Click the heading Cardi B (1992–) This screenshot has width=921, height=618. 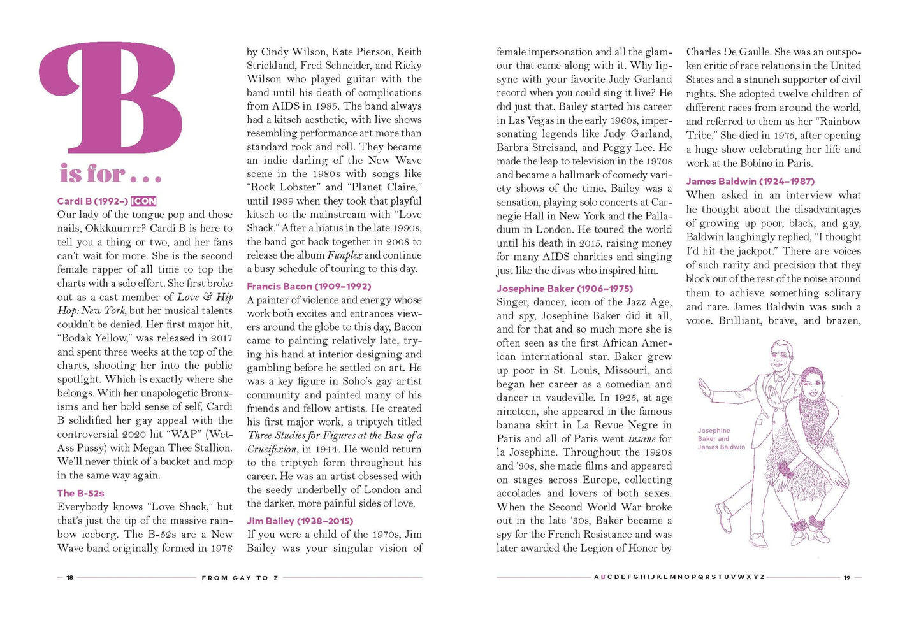point(92,201)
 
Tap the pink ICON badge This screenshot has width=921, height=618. point(144,201)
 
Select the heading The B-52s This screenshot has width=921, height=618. point(80,493)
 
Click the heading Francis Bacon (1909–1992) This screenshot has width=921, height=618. point(308,287)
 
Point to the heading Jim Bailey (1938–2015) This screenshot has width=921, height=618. point(300,521)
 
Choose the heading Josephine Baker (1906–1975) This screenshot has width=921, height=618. point(564,288)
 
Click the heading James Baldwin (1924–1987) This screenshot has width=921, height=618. point(750,182)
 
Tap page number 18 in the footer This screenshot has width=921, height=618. point(70,578)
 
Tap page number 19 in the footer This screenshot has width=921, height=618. point(847,578)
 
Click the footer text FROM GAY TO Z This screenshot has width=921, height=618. point(240,578)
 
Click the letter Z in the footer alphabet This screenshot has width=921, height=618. point(762,577)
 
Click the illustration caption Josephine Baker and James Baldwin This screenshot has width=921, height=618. point(720,439)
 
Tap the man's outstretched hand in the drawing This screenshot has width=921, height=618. point(703,387)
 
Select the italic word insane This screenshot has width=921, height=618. point(641,439)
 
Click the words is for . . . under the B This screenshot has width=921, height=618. point(110,173)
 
